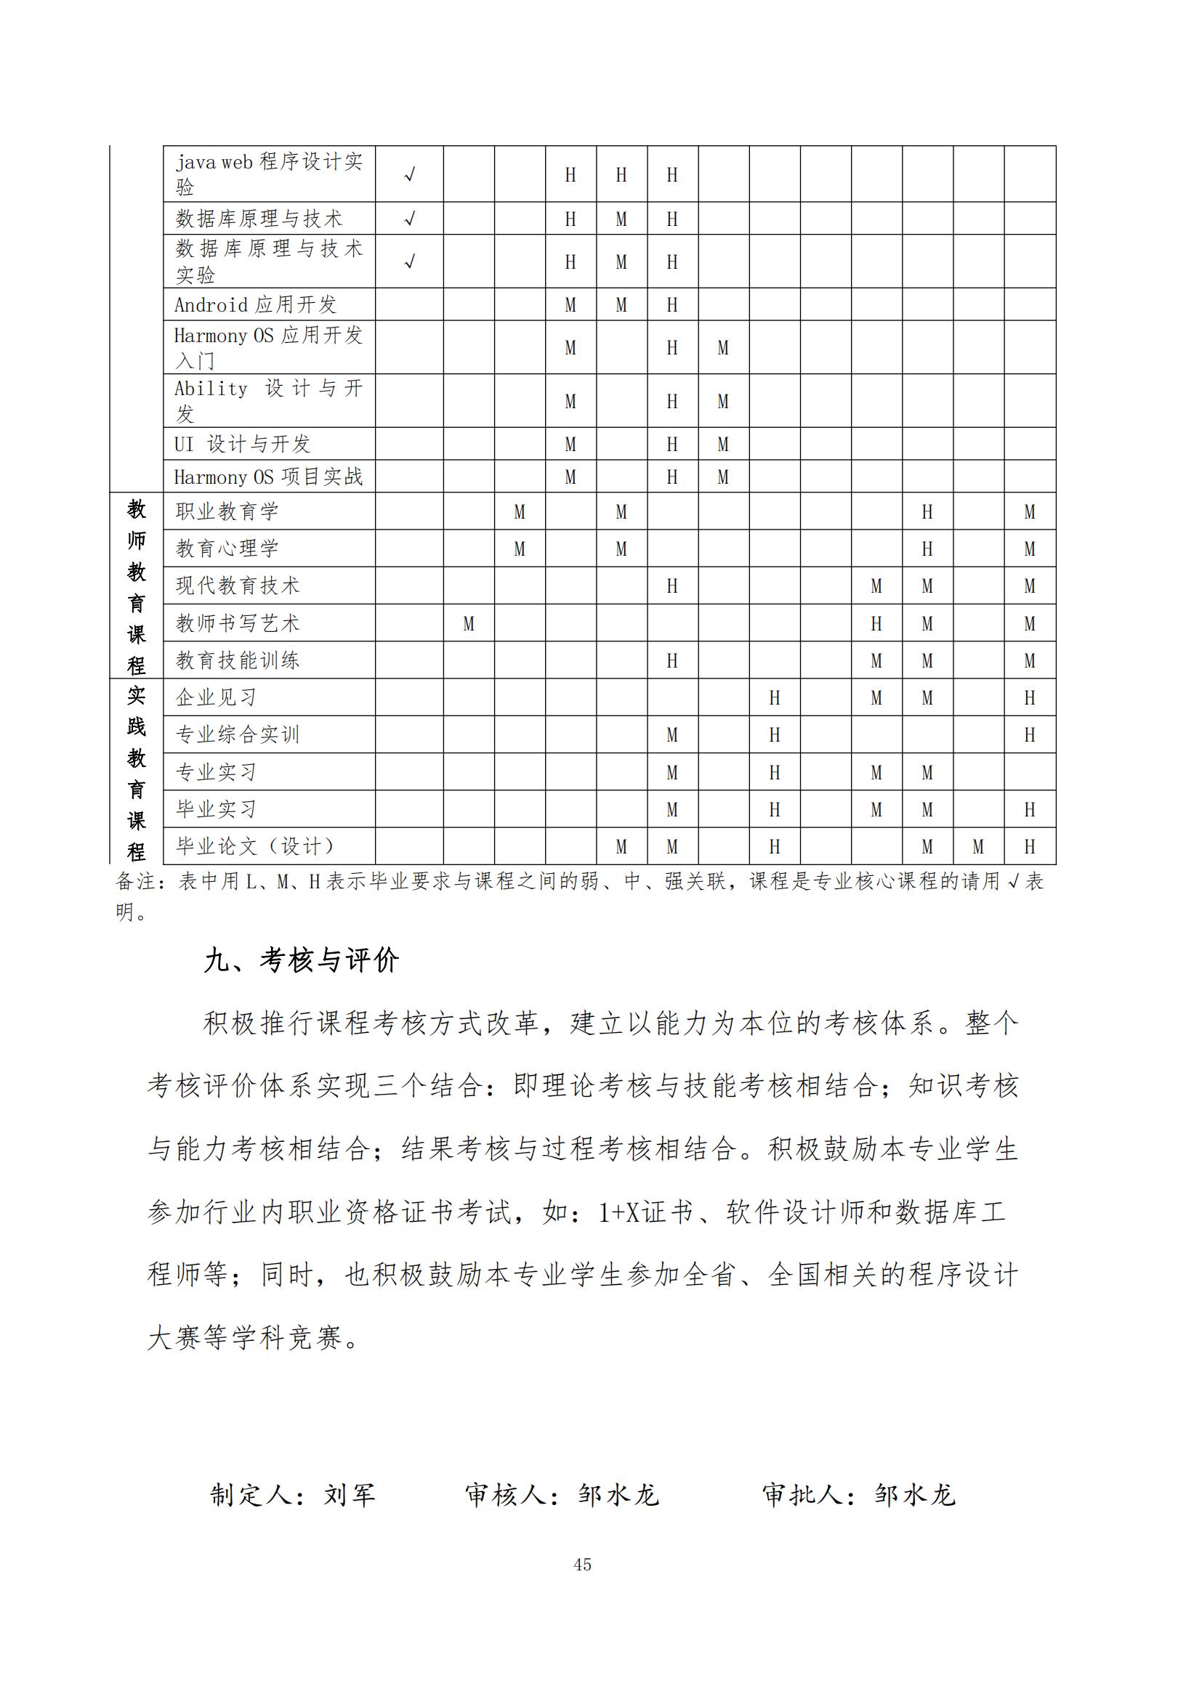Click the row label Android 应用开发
[x=255, y=304]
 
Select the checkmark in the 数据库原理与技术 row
[x=409, y=219]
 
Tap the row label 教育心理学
[x=227, y=548]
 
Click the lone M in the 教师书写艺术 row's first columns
[x=469, y=624]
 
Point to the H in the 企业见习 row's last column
[x=1029, y=698]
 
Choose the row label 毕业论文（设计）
[x=255, y=846]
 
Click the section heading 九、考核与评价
[x=302, y=960]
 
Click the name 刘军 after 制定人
[x=350, y=1495]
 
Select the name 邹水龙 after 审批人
[x=915, y=1495]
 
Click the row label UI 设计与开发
[x=242, y=444]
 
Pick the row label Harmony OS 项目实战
[x=268, y=477]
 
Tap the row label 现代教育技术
[x=238, y=586]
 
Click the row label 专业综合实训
[x=238, y=735]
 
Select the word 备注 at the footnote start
[x=135, y=881]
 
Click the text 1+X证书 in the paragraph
[x=645, y=1213]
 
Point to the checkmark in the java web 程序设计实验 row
[x=409, y=174]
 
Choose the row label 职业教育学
[x=227, y=511]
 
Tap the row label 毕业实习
[x=216, y=808]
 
